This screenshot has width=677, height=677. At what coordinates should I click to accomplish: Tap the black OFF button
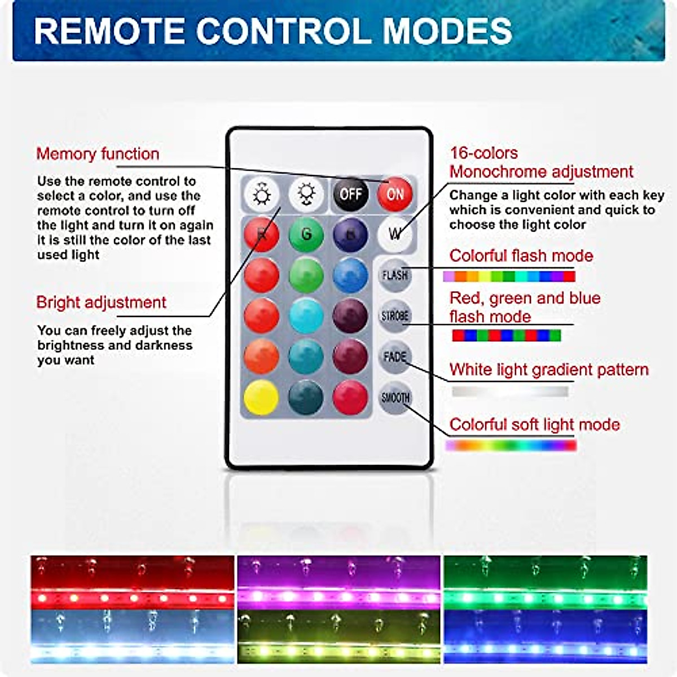coord(350,195)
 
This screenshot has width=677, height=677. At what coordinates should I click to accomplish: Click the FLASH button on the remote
coord(395,275)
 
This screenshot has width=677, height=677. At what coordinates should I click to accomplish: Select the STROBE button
coord(395,316)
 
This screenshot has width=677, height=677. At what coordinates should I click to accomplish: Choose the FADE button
coord(395,357)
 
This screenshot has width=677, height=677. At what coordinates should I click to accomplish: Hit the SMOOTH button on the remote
coord(395,398)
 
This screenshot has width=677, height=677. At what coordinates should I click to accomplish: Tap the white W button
coord(395,234)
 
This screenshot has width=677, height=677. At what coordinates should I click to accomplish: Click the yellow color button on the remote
coord(261,397)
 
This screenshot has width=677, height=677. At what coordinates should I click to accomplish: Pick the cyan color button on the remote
coord(306,316)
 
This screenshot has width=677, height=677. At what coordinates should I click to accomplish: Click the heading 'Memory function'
coord(98,154)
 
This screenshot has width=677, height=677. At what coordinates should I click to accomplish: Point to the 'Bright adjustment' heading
coord(101,302)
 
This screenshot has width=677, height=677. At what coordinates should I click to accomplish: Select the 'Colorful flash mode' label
coord(521,256)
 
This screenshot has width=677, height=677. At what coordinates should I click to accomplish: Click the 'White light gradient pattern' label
coord(549,370)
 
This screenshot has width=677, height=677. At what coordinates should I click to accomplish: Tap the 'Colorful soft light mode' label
coord(534,424)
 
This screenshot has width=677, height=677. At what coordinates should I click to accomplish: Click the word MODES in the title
coord(447,31)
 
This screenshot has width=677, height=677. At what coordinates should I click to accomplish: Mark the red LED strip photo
coord(133,582)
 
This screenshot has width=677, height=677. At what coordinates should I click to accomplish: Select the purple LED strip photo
coord(338,582)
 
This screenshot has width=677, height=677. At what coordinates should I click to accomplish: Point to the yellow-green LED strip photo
coord(338,636)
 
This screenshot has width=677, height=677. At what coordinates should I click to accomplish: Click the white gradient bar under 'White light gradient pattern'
coord(510,391)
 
